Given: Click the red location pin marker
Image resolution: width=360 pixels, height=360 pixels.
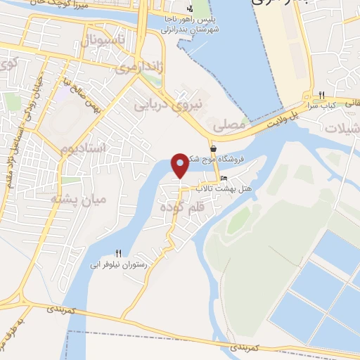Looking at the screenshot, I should [x=181, y=165].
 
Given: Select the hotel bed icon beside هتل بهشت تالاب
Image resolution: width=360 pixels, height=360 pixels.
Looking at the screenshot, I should [x=224, y=178].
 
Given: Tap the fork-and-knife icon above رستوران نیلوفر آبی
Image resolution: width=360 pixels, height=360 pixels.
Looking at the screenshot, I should [x=118, y=253].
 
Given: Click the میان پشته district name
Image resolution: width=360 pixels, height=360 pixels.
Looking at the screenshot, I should [x=78, y=199].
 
